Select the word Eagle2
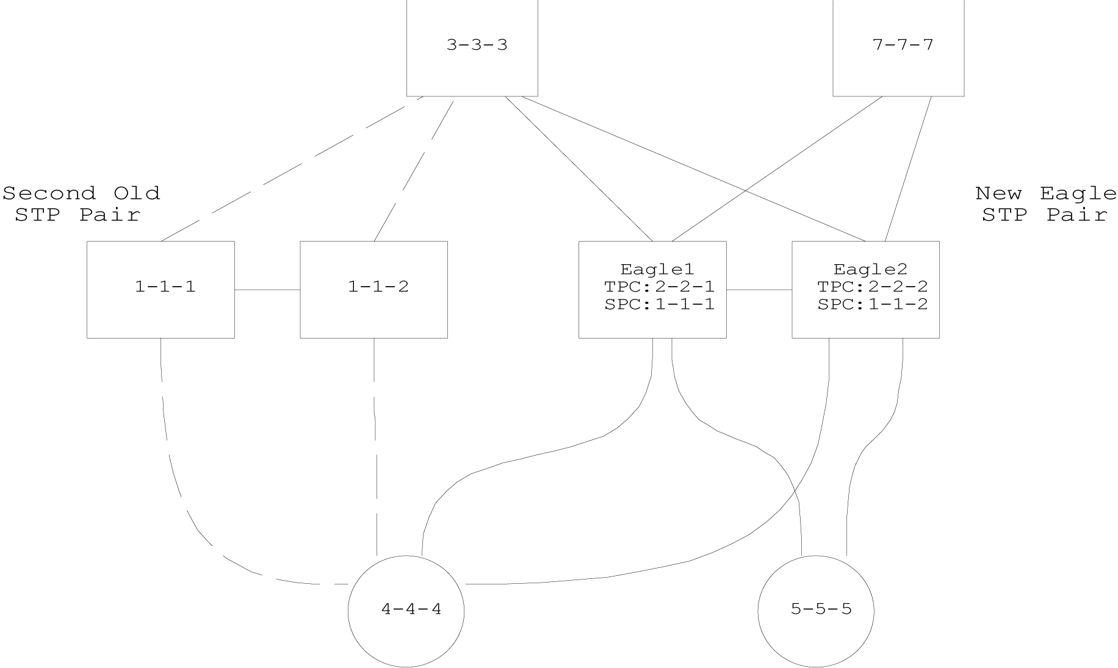point(870,269)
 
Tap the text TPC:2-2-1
point(659,287)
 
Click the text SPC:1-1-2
point(872,304)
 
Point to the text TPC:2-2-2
point(872,287)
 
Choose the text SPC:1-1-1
point(659,304)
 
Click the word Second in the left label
point(49,193)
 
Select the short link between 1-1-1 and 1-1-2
point(267,290)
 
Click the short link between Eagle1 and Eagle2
point(759,290)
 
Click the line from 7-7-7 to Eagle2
point(908,169)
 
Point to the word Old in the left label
point(137,193)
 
